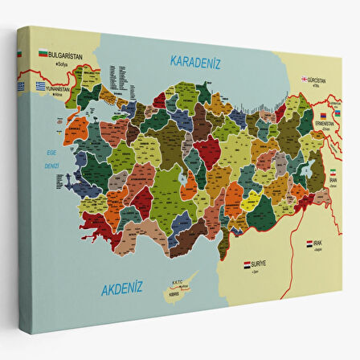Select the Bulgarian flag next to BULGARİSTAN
pos(43,54)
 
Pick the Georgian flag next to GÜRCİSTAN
pos(305,80)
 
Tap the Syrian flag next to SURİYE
pos(247,263)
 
